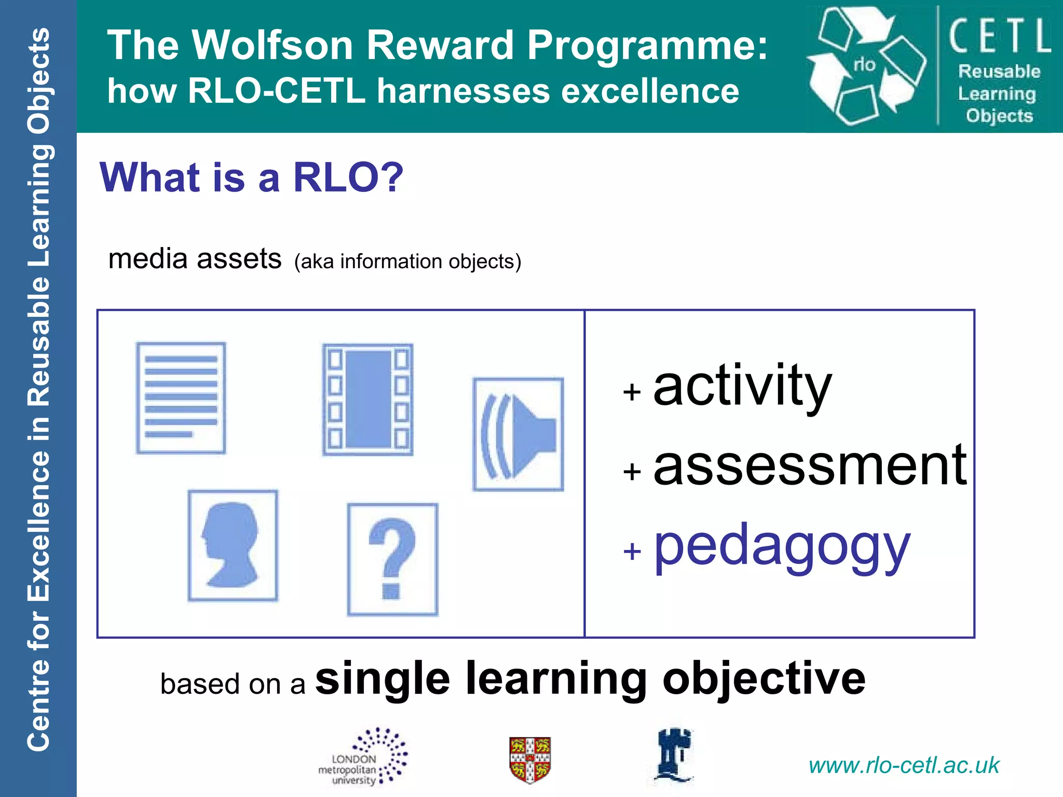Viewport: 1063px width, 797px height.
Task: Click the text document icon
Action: (181, 398)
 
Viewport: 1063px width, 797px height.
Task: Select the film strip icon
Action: (367, 400)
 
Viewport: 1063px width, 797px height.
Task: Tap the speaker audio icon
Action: (518, 434)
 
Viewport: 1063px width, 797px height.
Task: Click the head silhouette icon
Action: (233, 545)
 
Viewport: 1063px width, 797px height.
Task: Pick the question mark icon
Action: (392, 559)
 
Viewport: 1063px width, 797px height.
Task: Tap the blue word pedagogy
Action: (782, 547)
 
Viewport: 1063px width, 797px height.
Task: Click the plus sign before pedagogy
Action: (632, 551)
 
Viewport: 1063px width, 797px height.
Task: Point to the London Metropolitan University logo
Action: (363, 758)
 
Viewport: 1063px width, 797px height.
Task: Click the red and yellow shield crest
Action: (530, 759)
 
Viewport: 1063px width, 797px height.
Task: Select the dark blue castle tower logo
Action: (674, 755)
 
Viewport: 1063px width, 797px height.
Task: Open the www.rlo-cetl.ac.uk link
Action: (904, 765)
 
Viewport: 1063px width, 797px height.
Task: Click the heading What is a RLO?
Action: (251, 177)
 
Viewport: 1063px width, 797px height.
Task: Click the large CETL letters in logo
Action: (999, 36)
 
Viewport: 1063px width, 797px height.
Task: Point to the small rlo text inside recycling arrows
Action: (864, 64)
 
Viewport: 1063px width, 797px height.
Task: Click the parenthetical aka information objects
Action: (407, 262)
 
